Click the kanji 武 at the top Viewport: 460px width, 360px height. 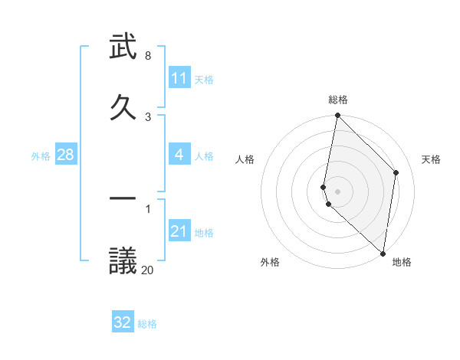tap(123, 47)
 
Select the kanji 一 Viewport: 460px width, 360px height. tap(123, 198)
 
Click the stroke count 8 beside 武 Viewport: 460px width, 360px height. tap(147, 56)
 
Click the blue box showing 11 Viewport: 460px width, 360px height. tap(179, 78)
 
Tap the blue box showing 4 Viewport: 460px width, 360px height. tap(179, 155)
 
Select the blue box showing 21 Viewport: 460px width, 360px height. tap(179, 231)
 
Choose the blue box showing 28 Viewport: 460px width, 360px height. tap(66, 155)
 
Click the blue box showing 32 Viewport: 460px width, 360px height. tap(123, 322)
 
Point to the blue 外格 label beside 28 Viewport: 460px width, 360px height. tap(41, 155)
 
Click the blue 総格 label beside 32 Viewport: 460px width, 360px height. tap(147, 324)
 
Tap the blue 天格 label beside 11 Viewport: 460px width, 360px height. tap(204, 79)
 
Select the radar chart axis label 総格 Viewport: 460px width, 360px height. tap(338, 100)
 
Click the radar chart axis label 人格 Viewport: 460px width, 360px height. tap(245, 159)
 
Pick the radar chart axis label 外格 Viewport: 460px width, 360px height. tap(270, 262)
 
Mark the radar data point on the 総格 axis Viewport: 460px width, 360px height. tap(337, 116)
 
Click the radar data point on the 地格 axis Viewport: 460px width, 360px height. tap(383, 254)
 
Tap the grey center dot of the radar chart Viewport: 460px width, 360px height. tap(337, 191)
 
